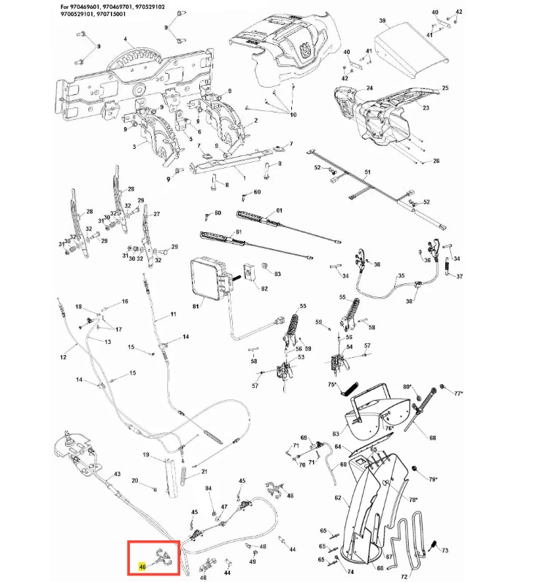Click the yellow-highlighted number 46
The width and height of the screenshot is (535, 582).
point(142,564)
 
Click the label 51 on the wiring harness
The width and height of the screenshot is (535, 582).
point(368,172)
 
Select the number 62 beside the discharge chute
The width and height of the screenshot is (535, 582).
point(338,498)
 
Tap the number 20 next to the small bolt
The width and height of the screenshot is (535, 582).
point(134,480)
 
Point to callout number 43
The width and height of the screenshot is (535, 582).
point(117,475)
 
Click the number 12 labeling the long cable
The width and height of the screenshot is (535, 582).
point(63,357)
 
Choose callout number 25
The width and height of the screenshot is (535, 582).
point(444,88)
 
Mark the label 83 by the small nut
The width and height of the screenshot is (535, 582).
point(277,274)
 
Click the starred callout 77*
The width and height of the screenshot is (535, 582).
point(458,394)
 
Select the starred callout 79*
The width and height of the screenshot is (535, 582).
point(432,480)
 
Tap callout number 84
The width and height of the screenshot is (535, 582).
point(208,489)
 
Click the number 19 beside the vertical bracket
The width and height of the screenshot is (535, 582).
point(145,456)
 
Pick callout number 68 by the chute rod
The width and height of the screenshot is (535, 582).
point(432,438)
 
